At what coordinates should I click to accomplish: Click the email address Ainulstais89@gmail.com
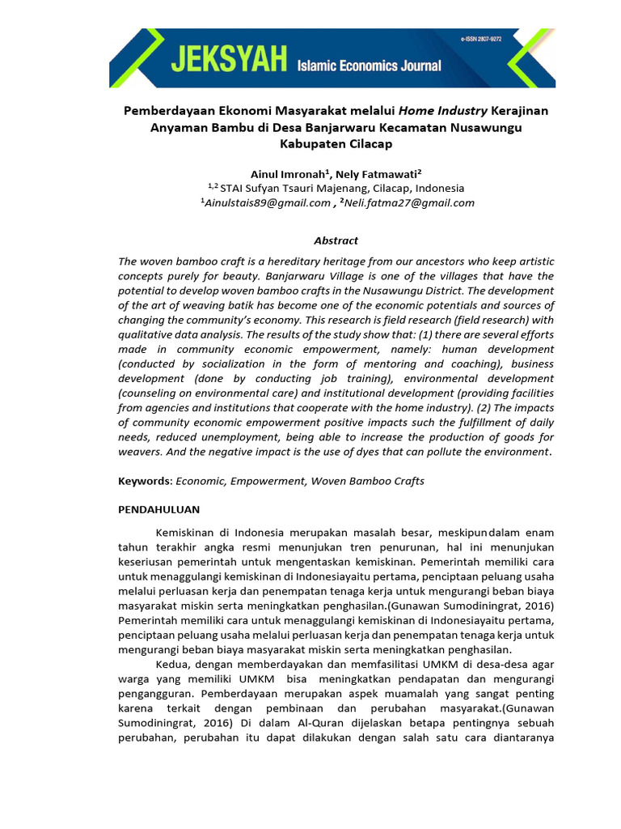266,203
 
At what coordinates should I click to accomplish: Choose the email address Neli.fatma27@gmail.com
407,203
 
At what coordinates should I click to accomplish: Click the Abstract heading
336,240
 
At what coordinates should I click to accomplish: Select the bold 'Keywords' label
144,481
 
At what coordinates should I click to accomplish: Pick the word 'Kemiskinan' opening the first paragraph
188,532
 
